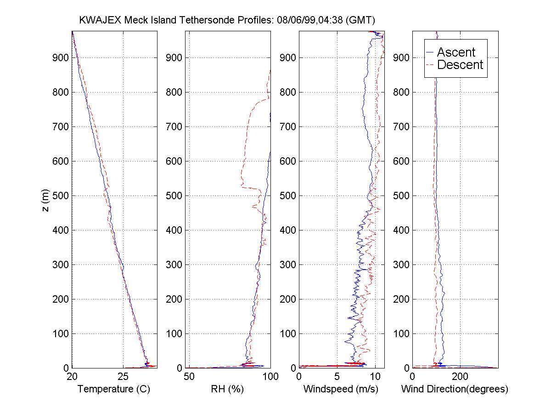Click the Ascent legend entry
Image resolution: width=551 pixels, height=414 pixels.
[455, 52]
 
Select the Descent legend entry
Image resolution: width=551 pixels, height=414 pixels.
[460, 65]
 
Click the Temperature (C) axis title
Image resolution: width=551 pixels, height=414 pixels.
[114, 389]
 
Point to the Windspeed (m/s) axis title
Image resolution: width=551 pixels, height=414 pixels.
[341, 389]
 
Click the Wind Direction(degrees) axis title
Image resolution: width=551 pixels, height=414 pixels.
[455, 389]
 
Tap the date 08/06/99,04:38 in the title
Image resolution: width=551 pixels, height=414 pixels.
[312, 20]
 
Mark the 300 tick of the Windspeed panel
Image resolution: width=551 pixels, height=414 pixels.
[290, 264]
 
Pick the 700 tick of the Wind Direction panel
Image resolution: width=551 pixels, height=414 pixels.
[403, 126]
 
